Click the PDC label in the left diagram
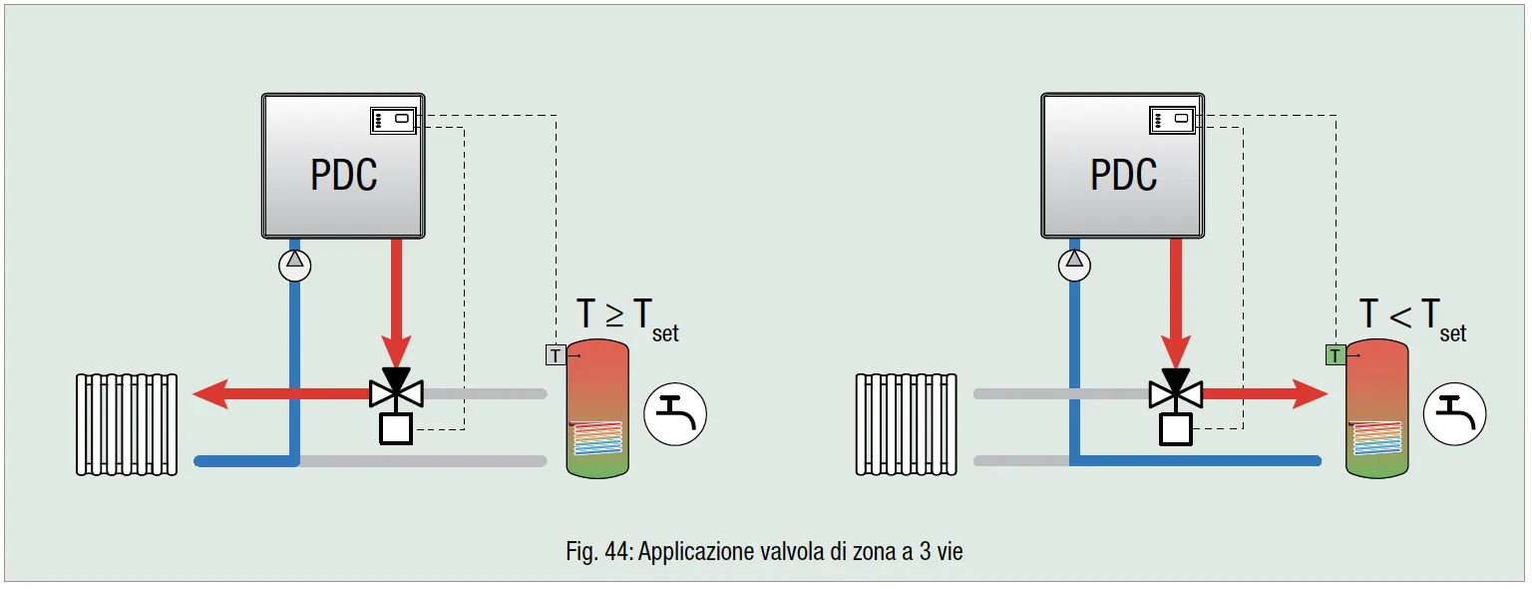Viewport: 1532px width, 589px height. [344, 175]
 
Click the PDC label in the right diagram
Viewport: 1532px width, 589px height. [1124, 175]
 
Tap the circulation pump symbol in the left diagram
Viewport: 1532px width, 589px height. [295, 265]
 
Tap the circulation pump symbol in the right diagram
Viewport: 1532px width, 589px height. [1074, 265]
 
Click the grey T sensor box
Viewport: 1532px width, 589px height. [556, 354]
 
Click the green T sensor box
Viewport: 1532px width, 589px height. [1335, 354]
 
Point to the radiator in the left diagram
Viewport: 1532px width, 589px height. [128, 423]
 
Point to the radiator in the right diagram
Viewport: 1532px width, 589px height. [906, 423]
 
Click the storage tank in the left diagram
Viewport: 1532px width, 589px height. [597, 407]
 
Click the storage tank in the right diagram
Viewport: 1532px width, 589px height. [1376, 407]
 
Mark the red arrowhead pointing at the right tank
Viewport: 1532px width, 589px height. [1312, 394]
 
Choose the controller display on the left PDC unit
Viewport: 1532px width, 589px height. [393, 119]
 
